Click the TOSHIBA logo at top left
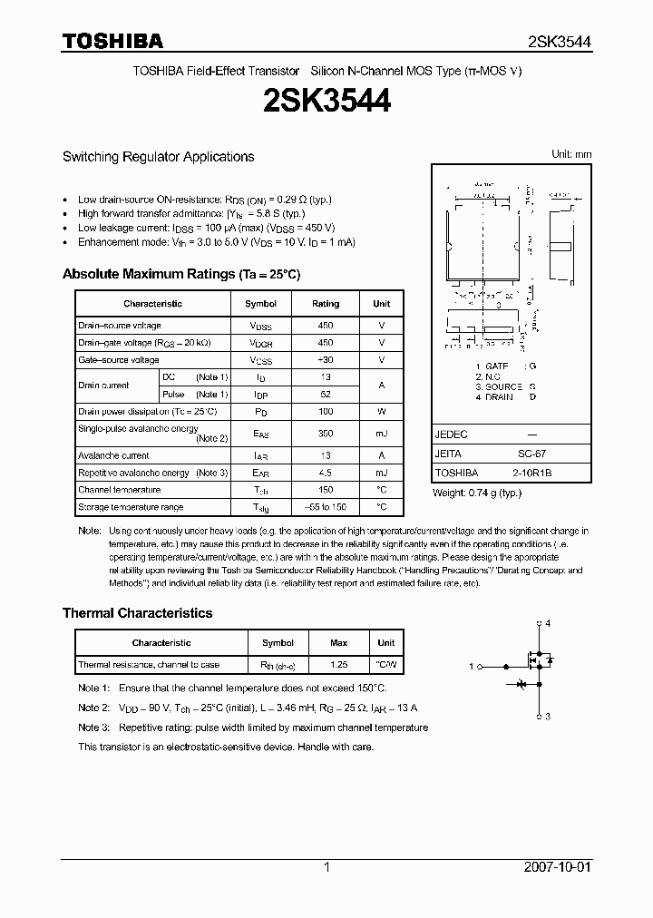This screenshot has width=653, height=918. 112,41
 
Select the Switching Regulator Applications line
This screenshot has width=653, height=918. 158,157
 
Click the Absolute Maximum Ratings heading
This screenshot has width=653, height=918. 180,274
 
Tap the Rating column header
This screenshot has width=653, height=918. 326,304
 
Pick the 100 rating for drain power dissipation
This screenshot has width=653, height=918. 326,412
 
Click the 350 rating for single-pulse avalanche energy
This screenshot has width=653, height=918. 326,434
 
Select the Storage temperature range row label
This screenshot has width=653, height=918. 131,507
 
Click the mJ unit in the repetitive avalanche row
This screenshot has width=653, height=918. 381,474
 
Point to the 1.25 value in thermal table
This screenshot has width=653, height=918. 338,665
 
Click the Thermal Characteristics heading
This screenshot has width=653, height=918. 137,613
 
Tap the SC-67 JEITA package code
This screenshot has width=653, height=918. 531,454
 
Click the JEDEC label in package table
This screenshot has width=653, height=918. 451,435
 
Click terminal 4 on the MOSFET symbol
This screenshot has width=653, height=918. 546,623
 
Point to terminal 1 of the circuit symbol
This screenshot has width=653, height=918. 472,667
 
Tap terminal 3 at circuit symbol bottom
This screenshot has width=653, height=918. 546,717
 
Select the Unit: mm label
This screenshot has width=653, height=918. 571,155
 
